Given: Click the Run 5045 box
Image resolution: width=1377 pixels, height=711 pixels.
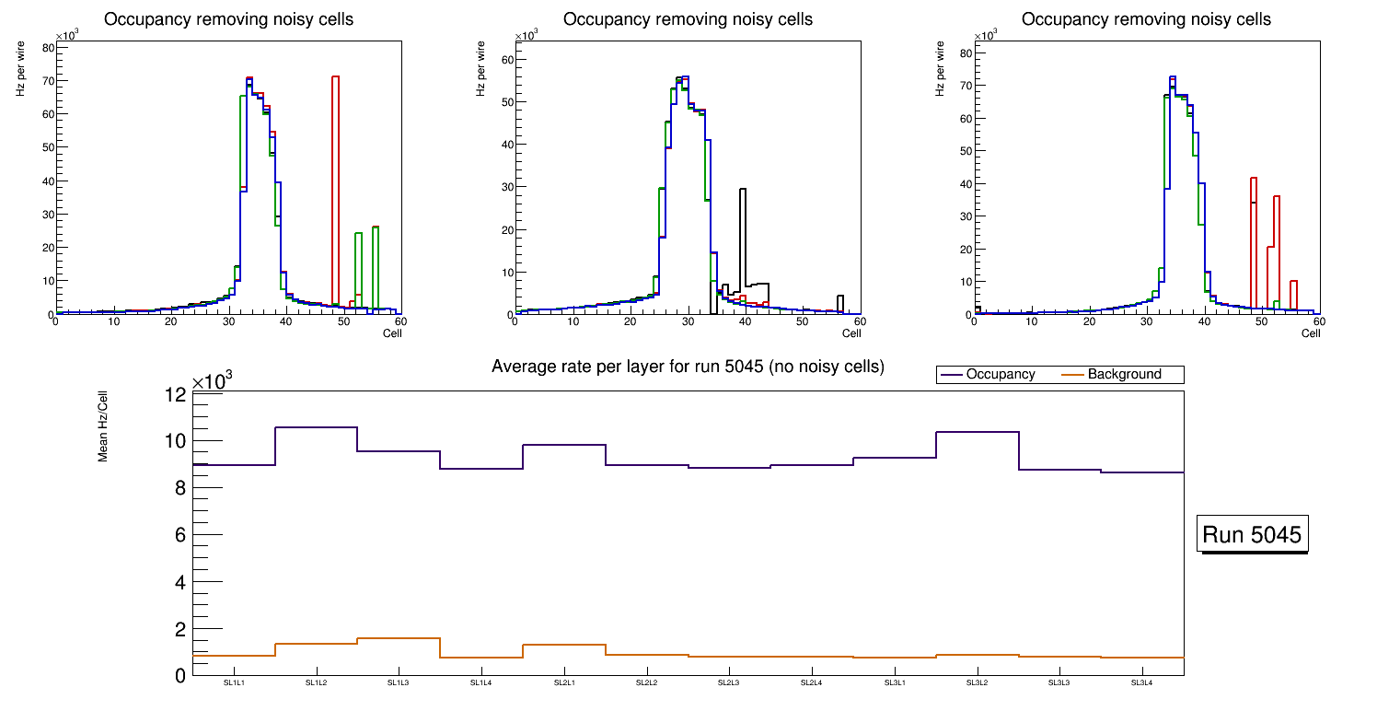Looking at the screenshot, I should click(1252, 535).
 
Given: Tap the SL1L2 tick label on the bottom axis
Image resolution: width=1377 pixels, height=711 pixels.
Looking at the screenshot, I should click(317, 682).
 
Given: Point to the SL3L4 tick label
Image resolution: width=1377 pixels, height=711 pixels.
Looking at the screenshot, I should click(1141, 682).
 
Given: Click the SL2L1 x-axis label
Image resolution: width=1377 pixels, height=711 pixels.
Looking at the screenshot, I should click(564, 682).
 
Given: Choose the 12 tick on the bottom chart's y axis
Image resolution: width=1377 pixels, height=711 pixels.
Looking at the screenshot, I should click(175, 394).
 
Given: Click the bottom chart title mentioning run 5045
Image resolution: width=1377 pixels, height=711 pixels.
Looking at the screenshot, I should click(688, 367).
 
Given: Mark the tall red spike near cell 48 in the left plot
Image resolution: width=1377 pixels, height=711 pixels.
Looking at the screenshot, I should click(336, 184).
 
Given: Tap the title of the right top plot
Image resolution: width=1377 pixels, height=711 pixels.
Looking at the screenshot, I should click(1146, 19).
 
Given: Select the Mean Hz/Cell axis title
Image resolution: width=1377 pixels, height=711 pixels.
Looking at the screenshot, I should click(103, 428).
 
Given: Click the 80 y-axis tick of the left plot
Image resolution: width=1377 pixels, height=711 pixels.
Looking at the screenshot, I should click(46, 47).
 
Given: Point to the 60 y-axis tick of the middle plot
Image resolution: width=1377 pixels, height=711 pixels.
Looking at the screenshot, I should click(505, 60).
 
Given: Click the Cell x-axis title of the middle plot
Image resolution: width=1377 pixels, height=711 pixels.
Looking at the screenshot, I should click(851, 333).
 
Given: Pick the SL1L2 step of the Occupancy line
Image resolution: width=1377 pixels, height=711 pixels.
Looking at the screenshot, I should click(317, 427).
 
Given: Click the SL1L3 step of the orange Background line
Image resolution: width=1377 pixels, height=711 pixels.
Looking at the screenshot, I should click(399, 638).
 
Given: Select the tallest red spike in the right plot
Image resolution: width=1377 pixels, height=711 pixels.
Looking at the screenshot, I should click(1254, 239).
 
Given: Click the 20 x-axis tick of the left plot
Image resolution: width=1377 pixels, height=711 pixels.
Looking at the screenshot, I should click(170, 321).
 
